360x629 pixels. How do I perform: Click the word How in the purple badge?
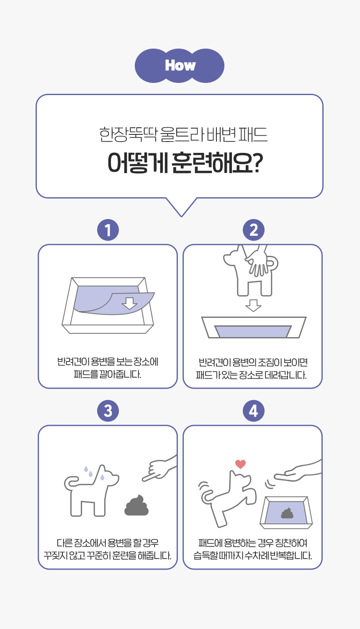click(180, 65)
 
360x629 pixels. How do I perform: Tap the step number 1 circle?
click(108, 230)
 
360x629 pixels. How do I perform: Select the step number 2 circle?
click(254, 230)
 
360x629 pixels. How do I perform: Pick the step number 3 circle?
click(108, 411)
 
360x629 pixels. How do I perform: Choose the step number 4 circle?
click(254, 411)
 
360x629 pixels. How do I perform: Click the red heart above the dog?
click(240, 464)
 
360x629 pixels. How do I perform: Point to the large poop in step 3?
click(137, 506)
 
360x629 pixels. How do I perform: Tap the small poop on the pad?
click(287, 513)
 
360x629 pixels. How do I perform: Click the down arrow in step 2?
click(253, 305)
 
